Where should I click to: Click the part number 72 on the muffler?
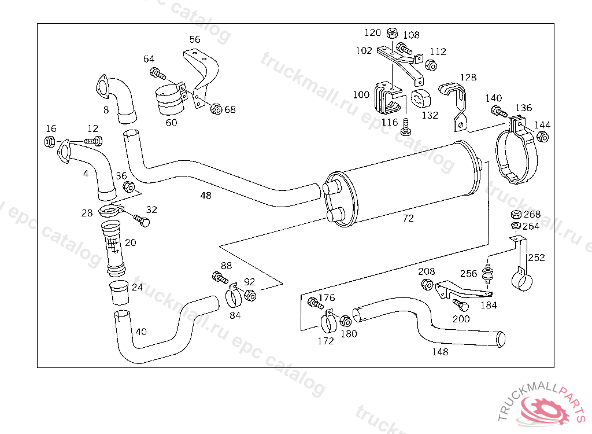408,218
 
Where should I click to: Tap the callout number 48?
206,196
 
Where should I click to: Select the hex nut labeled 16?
50,141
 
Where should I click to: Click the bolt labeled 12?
94,141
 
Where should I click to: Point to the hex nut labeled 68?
216,109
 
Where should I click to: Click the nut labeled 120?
393,33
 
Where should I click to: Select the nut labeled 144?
542,137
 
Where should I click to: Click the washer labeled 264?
516,226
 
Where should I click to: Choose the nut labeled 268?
516,215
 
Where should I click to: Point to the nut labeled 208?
427,284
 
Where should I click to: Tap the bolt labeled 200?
461,305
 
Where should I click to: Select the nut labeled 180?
346,321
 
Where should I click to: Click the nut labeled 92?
250,295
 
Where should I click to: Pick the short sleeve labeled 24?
119,292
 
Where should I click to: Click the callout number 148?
440,352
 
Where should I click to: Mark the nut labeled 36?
129,186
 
